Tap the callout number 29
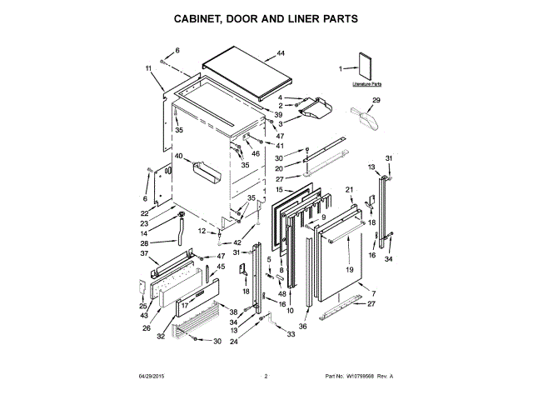click(376, 101)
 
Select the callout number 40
click(177, 156)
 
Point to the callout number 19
click(349, 270)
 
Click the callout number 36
click(303, 327)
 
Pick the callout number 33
click(291, 334)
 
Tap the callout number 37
click(143, 253)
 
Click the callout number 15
click(257, 190)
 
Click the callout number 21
click(351, 190)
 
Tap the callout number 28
click(145, 243)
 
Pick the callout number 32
click(161, 337)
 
